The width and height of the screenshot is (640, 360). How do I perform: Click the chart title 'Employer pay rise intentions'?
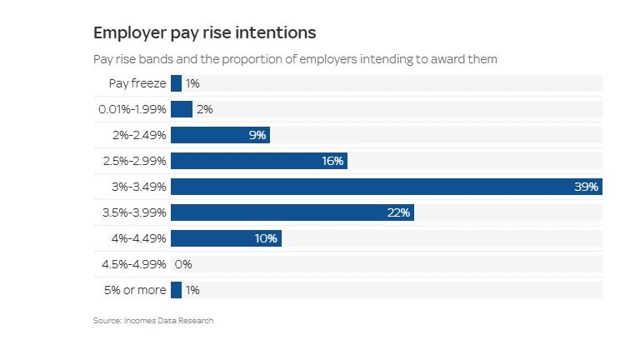pyautogui.click(x=204, y=33)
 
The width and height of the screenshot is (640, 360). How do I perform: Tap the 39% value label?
pyautogui.click(x=586, y=187)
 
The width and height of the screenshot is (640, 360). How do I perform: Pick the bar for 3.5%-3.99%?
pyautogui.click(x=292, y=212)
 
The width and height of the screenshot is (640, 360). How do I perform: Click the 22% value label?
pyautogui.click(x=398, y=212)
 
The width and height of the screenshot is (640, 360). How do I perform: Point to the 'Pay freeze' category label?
pyautogui.click(x=137, y=83)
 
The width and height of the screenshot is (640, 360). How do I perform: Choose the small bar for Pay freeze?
pyautogui.click(x=176, y=83)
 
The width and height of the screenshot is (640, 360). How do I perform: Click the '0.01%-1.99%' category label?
pyautogui.click(x=132, y=109)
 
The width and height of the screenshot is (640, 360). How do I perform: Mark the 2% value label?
pyautogui.click(x=205, y=109)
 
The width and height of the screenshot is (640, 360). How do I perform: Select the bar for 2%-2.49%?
pyautogui.click(x=220, y=135)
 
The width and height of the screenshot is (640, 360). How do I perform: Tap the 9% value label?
pyautogui.click(x=257, y=135)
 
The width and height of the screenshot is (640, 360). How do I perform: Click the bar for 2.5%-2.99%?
pyautogui.click(x=258, y=161)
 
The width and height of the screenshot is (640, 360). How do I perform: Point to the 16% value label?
pyautogui.click(x=332, y=161)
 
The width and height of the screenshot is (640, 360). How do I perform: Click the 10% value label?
pyautogui.click(x=266, y=238)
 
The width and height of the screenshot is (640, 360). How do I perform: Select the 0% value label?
pyautogui.click(x=183, y=264)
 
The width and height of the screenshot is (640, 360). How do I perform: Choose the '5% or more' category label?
pyautogui.click(x=137, y=290)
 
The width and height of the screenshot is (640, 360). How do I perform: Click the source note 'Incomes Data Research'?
pyautogui.click(x=174, y=321)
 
